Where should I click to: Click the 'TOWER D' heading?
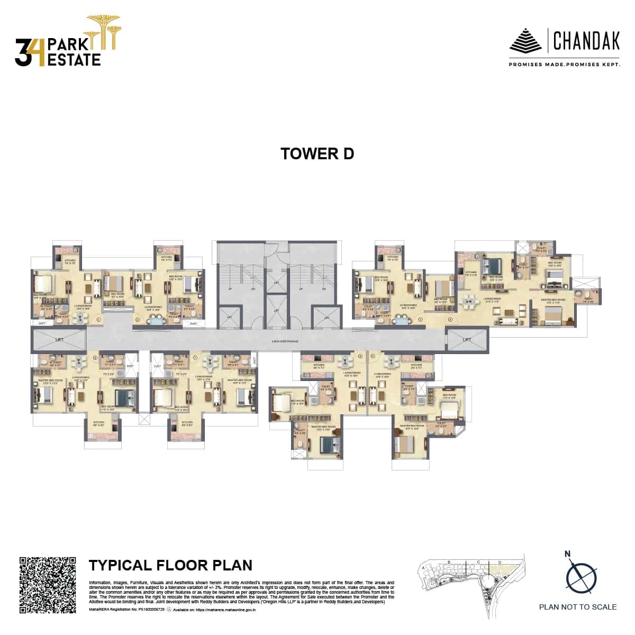click(x=317, y=153)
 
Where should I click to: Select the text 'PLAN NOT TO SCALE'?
click(x=578, y=607)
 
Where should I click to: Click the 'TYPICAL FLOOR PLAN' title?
click(x=170, y=565)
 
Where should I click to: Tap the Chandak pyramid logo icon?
click(x=525, y=41)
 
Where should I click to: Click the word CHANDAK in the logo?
click(x=586, y=41)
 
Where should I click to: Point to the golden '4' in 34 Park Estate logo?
click(x=38, y=52)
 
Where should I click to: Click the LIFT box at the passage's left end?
click(x=59, y=339)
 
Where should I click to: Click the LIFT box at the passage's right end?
click(x=467, y=339)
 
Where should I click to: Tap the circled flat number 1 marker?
click(x=99, y=319)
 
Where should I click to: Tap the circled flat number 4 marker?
click(x=450, y=319)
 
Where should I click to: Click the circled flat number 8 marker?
click(x=95, y=358)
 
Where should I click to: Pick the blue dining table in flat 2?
click(x=157, y=319)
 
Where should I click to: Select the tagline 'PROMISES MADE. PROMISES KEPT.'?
click(x=564, y=65)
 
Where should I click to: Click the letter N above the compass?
click(x=568, y=554)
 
